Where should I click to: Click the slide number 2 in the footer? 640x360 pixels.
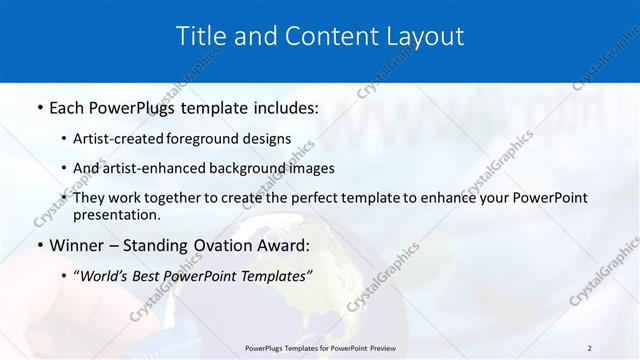[x=589, y=348]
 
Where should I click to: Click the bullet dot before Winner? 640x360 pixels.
[x=39, y=246]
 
